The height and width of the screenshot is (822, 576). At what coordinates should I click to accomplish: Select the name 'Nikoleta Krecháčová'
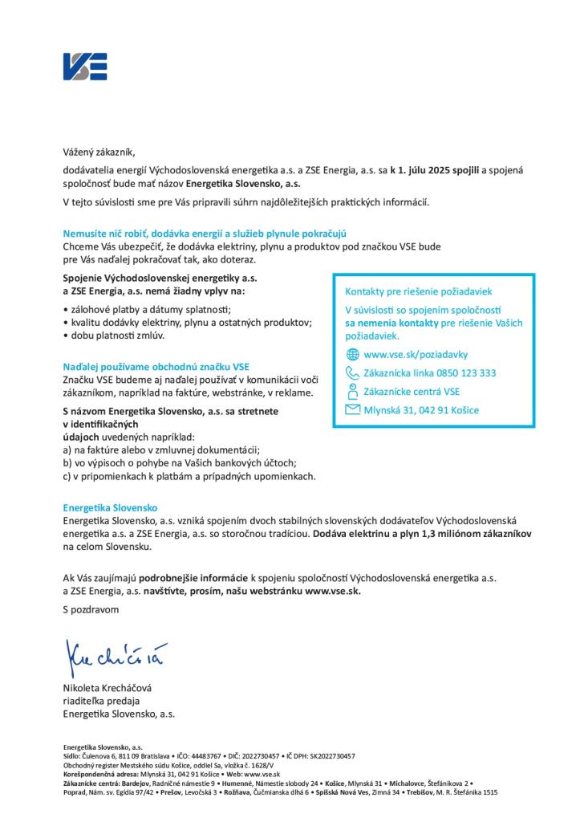pyautogui.click(x=112, y=688)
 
